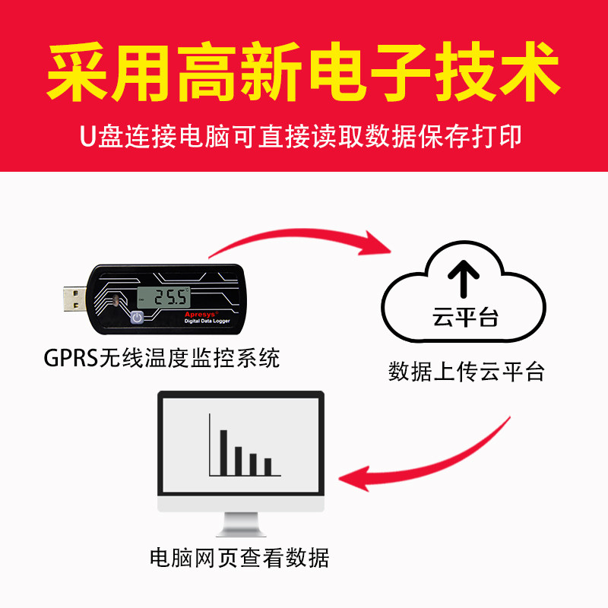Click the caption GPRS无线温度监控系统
pos(161,358)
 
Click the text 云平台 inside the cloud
pos(464,316)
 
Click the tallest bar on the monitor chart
pos(223,451)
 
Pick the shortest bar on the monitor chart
pos(268,465)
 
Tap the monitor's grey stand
pos(241,524)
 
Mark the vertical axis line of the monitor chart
pos(209,444)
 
